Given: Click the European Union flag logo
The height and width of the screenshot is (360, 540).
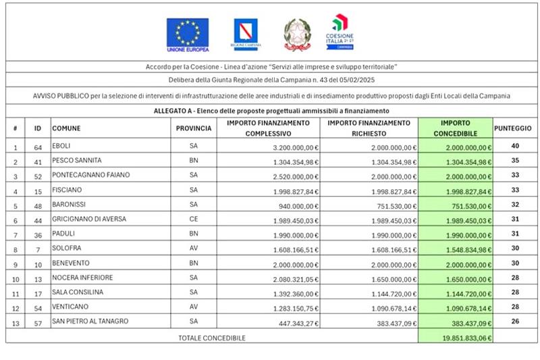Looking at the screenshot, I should click(188, 34).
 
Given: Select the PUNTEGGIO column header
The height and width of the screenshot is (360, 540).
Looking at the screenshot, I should click(512, 128).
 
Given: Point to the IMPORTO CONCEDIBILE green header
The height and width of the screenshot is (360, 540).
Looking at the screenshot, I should click(455, 128).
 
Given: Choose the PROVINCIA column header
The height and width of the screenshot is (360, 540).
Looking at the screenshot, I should click(194, 128).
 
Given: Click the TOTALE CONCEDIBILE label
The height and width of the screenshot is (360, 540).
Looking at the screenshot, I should click(211, 337).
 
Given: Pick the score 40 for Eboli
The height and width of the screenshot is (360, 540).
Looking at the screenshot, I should click(514, 146).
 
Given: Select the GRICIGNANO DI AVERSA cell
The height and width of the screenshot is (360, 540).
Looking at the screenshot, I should click(89, 220).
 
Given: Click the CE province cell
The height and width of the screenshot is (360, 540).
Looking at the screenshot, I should click(194, 220).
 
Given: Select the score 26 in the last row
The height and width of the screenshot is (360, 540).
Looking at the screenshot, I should click(514, 322).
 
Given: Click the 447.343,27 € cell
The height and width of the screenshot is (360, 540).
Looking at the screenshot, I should click(294, 322).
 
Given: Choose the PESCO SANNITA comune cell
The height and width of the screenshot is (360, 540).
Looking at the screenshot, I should click(76, 161).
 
